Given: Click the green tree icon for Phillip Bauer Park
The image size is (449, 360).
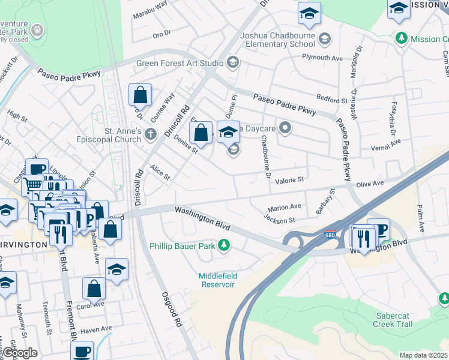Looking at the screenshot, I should click(x=224, y=245).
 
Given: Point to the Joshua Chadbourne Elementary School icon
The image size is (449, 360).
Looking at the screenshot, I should click(x=325, y=39).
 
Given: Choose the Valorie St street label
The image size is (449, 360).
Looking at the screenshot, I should click(x=290, y=179).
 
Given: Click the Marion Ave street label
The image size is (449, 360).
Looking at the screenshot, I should click(x=284, y=206).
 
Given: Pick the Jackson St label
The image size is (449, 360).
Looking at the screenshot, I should click(x=279, y=220).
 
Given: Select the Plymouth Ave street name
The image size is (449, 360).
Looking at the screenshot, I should click(x=322, y=58).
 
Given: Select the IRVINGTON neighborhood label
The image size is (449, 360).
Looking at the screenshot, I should click(x=23, y=245).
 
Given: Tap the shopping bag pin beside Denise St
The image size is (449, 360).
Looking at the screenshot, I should click(x=201, y=133).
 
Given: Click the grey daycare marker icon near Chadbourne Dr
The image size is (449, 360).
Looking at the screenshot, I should click(x=286, y=127).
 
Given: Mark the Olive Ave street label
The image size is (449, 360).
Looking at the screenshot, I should click(x=370, y=184).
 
